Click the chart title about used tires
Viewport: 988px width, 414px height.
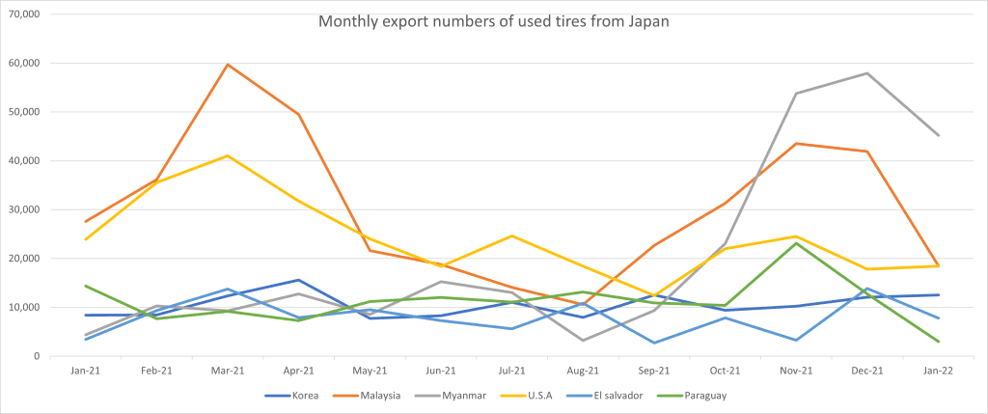[493, 21]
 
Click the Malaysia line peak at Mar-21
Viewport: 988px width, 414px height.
[226, 65]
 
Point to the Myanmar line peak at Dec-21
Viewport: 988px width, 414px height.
[867, 73]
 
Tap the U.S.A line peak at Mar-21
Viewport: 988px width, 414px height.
[226, 155]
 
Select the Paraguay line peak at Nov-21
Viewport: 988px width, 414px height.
[796, 243]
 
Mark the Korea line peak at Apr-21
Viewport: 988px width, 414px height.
[298, 280]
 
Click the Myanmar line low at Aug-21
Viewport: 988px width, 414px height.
[583, 340]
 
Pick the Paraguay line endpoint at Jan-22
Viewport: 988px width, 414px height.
[939, 342]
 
